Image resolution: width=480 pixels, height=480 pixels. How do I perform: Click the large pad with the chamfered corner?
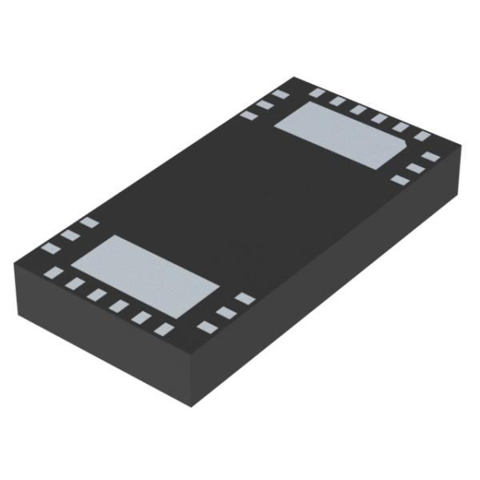click(345, 132)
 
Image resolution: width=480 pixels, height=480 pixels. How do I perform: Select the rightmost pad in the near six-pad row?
click(164, 329)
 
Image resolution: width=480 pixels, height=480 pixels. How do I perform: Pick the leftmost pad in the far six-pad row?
click(318, 93)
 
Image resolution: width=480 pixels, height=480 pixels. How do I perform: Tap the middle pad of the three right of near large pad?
click(226, 313)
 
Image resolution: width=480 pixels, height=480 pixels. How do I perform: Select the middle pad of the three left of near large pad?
click(70, 235)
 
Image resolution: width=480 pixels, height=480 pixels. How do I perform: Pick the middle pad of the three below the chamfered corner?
click(414, 168)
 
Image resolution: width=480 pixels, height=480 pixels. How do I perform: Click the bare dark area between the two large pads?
click(240, 200)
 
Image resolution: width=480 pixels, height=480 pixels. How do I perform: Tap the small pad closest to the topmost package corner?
click(281, 94)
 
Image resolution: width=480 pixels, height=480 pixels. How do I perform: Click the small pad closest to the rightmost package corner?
click(431, 156)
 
